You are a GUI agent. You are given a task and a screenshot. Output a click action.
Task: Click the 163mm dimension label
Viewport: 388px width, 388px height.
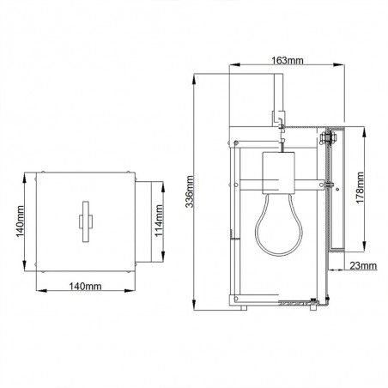pos(287,61)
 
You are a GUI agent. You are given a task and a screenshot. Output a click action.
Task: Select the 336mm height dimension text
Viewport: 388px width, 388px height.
pos(190,191)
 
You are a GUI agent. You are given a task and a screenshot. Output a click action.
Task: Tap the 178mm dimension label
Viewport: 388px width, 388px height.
pos(360,188)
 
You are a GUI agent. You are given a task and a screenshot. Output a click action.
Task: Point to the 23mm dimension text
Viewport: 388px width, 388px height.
pos(363,266)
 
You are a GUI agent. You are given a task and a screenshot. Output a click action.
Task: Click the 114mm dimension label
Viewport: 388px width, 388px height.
pos(159,221)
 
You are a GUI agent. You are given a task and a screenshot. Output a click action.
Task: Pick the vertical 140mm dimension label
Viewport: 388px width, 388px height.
pos(21,221)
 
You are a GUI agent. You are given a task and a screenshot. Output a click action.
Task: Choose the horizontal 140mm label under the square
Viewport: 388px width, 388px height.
pos(85,286)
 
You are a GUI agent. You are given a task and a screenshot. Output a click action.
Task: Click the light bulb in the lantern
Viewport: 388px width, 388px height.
pos(279,224)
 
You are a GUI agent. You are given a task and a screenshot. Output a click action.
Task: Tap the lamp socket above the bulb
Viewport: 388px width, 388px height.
pos(278,173)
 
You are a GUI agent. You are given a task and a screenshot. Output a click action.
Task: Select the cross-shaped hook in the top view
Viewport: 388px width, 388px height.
pos(86,221)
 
